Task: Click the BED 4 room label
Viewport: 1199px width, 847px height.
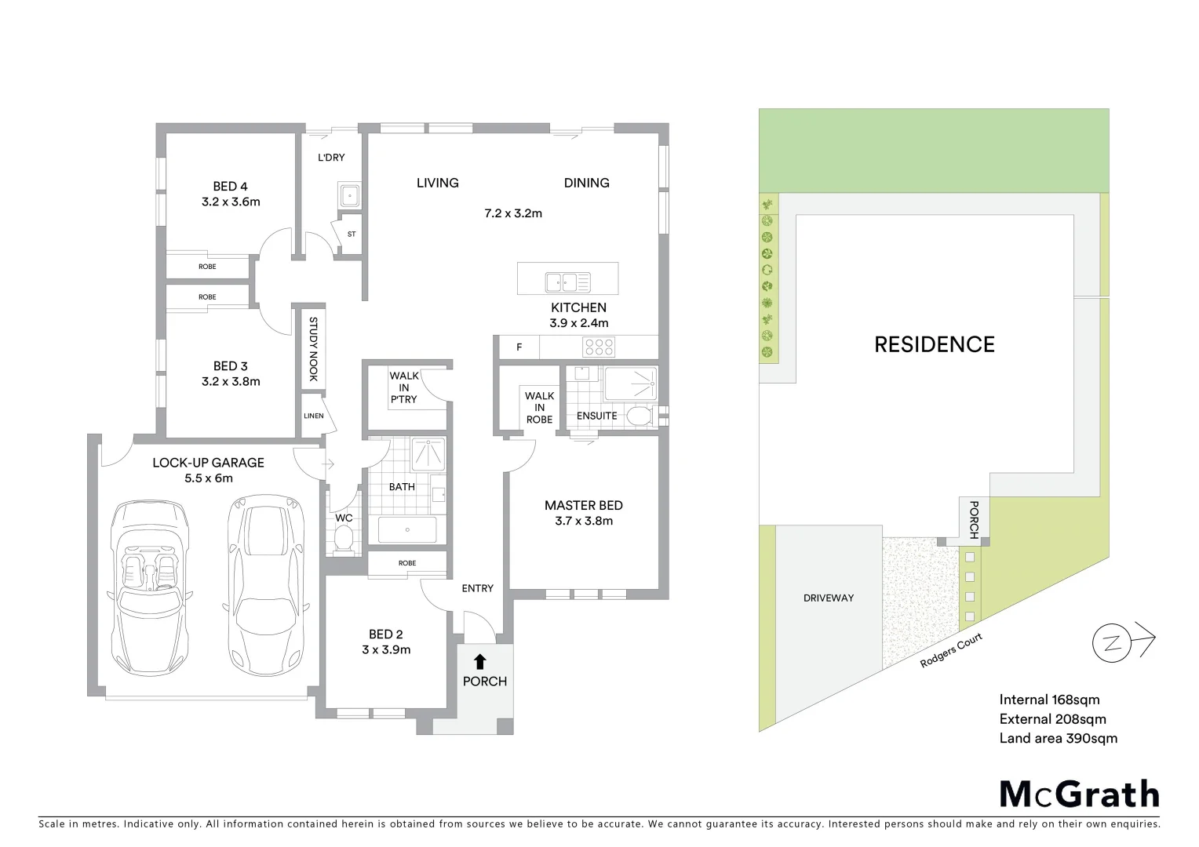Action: tap(230, 187)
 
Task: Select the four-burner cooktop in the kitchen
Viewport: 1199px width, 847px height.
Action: tap(599, 347)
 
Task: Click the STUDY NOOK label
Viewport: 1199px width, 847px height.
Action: tap(313, 349)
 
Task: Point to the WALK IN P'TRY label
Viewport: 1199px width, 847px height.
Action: tap(403, 387)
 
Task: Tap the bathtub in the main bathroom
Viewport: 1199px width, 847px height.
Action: tap(407, 529)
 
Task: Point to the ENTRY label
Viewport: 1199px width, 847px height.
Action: tap(477, 588)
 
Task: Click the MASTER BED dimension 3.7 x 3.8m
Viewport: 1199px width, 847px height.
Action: tap(583, 521)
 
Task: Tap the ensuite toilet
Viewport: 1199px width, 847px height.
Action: tap(643, 416)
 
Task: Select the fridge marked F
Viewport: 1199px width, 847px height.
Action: tap(519, 347)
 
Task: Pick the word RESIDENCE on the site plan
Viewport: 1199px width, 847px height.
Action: tap(934, 344)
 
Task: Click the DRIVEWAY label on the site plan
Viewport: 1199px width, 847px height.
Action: tap(828, 598)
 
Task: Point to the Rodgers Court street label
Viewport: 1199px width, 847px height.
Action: tap(951, 651)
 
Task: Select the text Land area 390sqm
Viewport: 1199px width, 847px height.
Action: tap(1058, 738)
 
